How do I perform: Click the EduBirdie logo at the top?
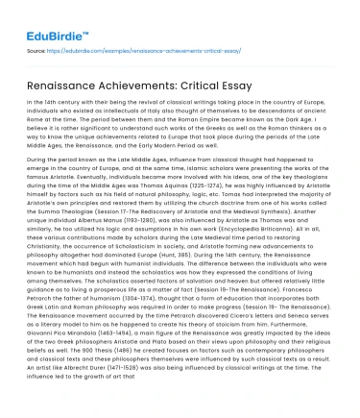[43, 16]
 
